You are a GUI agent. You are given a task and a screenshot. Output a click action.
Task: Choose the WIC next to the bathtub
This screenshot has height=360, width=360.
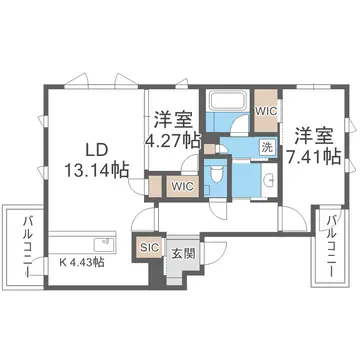coord(264,111)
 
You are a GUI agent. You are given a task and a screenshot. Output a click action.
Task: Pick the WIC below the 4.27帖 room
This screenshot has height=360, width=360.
coord(182,185)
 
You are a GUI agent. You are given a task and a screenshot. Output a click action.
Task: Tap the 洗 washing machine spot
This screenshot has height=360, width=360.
coord(266,146)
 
